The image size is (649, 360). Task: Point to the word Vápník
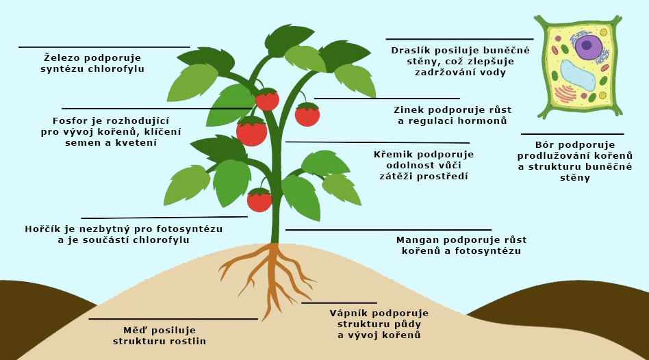pyautogui.click(x=350, y=313)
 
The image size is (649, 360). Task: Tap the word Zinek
pyautogui.click(x=410, y=110)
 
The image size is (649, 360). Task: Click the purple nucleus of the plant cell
pyautogui.click(x=588, y=47)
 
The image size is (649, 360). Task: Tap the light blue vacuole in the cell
pyautogui.click(x=577, y=75)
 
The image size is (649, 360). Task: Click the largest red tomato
pyautogui.click(x=251, y=131)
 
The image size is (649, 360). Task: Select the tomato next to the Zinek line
pyautogui.click(x=307, y=115)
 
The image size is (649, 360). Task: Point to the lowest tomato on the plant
pyautogui.click(x=259, y=200)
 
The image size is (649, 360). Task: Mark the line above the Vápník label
pyautogui.click(x=339, y=303)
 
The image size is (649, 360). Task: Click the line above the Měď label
pyautogui.click(x=173, y=319)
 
